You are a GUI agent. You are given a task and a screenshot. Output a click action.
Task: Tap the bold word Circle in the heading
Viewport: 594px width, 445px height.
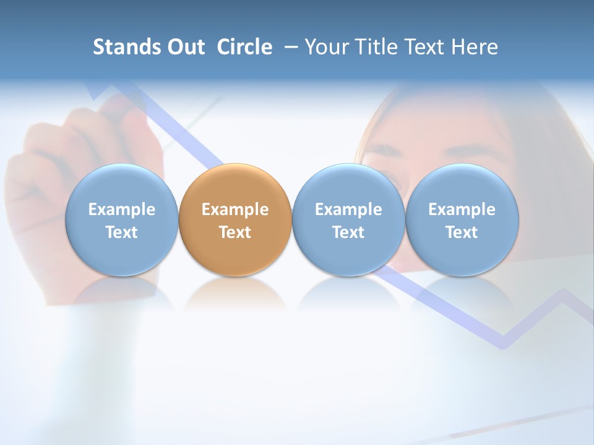pos(244,47)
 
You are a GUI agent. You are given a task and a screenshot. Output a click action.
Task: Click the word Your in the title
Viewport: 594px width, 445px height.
pos(324,47)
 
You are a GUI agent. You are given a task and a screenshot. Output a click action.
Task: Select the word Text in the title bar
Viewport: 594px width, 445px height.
pos(422,47)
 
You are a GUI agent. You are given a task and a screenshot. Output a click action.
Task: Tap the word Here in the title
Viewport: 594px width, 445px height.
pos(474,47)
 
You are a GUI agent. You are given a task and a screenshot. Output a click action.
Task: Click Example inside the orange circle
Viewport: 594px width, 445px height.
pos(235,210)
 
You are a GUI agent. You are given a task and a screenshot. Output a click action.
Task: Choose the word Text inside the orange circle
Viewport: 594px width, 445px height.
pos(235,232)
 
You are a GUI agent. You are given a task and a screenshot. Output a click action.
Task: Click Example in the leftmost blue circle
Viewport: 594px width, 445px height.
pos(121,210)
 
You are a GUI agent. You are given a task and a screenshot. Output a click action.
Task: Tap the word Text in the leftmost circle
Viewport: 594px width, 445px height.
pos(121,232)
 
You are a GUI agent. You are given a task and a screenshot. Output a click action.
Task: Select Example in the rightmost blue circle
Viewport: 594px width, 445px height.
pos(462,210)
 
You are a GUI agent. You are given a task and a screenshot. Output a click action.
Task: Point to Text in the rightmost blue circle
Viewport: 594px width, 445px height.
pos(462,232)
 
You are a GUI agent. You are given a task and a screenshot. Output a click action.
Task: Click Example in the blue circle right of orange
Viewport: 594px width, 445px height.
pos(348,210)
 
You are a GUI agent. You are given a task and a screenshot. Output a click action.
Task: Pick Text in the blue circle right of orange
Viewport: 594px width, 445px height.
pos(348,232)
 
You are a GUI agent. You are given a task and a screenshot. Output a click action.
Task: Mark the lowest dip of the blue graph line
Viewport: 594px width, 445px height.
pos(502,343)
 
